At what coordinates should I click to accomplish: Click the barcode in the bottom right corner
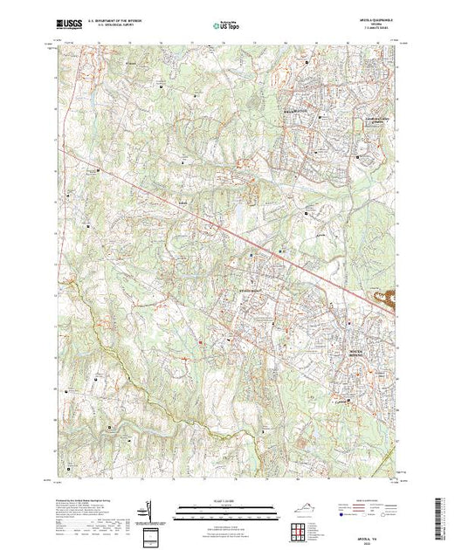pos(438,519)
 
